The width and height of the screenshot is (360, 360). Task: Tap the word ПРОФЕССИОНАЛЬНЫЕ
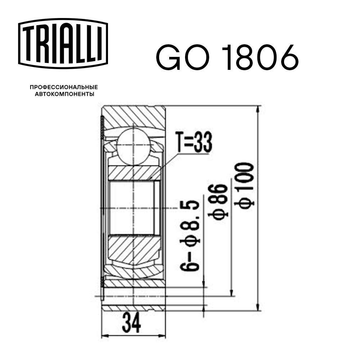[x=64, y=87]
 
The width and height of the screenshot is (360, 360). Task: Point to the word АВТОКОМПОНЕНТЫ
[x=64, y=94]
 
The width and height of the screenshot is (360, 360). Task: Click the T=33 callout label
[x=193, y=142]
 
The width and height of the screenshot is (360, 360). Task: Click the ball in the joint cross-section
[x=133, y=148]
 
